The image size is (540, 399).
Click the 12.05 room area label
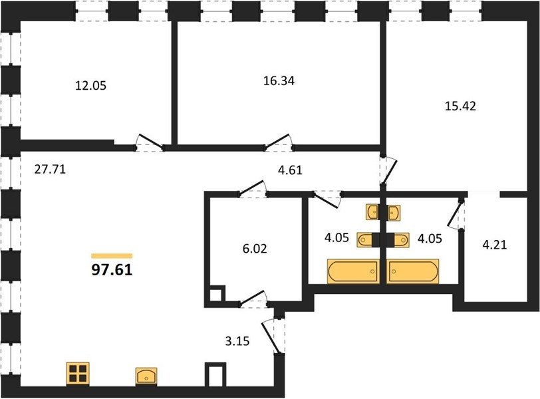[90, 85]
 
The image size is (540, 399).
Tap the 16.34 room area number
[279, 81]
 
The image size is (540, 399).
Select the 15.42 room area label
[460, 106]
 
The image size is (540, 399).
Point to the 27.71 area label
[50, 170]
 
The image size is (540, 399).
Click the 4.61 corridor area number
[290, 170]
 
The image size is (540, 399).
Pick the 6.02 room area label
[255, 249]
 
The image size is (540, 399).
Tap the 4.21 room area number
[495, 245]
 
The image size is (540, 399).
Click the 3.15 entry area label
[237, 341]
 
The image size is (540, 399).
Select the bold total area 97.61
[112, 270]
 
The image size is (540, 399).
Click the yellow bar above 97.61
[112, 256]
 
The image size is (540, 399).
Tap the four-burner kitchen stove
[78, 374]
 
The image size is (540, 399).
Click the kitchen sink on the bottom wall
[146, 376]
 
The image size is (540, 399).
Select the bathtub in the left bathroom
[353, 271]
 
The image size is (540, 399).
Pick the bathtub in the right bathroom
[412, 271]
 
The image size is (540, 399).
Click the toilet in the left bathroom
[365, 239]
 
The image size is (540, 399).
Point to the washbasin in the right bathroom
[393, 212]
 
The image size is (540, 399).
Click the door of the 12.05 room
[150, 142]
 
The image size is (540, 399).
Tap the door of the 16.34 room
[278, 142]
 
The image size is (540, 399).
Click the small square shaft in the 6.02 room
[217, 294]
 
